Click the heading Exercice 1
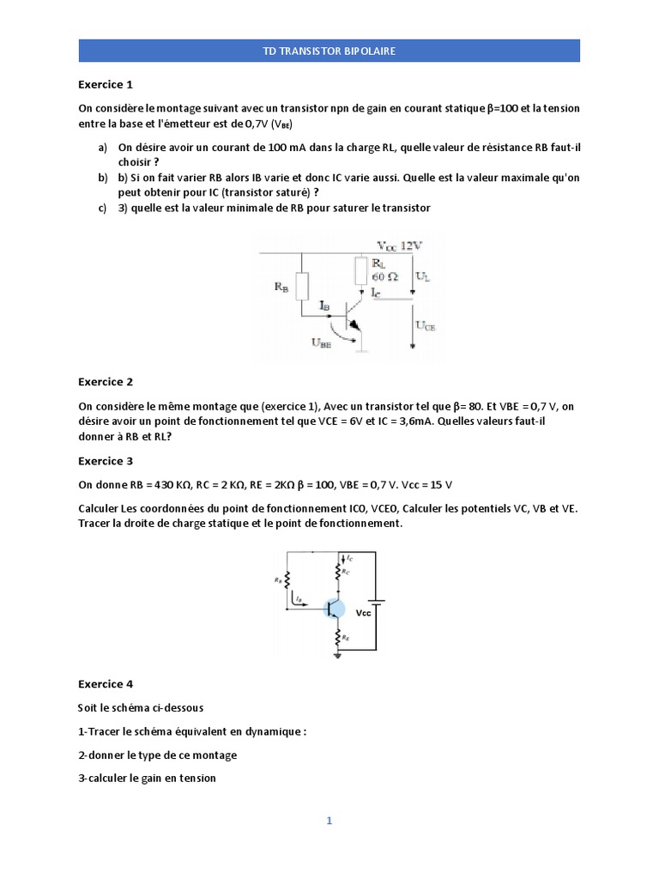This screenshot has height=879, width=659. click(106, 84)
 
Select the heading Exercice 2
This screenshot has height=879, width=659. click(106, 382)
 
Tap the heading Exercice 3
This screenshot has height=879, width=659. click(106, 461)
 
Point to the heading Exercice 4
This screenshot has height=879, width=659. click(106, 684)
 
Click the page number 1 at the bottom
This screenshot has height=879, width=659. click(329, 821)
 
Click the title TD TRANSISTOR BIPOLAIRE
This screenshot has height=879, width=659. click(329, 51)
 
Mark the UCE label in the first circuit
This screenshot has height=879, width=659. click(426, 326)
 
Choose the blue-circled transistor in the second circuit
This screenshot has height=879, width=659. click(335, 609)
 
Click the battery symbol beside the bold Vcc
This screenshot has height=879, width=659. click(377, 602)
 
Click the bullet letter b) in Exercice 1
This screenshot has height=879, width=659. click(103, 177)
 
